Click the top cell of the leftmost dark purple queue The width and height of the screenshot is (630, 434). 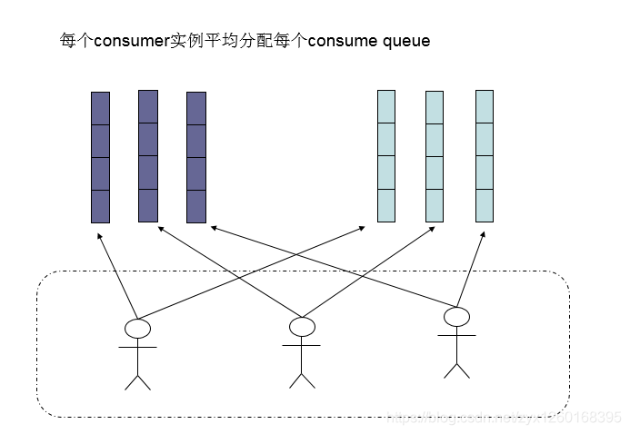(100, 108)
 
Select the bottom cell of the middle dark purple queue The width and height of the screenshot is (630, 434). (148, 204)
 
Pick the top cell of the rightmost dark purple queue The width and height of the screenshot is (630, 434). (196, 108)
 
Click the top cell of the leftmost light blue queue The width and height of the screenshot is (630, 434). (386, 107)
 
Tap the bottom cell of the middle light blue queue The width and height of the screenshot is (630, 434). (435, 205)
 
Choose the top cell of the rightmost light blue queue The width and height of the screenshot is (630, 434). (485, 106)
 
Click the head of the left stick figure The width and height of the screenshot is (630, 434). (137, 329)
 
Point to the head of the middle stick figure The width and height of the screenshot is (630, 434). (301, 326)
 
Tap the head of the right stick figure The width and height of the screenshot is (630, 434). (456, 317)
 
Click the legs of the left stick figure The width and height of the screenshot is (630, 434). (137, 380)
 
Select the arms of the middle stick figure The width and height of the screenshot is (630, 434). (301, 345)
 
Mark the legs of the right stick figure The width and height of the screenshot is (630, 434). (456, 368)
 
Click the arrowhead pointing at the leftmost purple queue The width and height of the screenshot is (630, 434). (98, 233)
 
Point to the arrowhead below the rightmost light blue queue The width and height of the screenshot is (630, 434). (482, 232)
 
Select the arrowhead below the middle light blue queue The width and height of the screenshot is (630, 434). (433, 231)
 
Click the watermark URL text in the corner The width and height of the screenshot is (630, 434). (505, 417)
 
